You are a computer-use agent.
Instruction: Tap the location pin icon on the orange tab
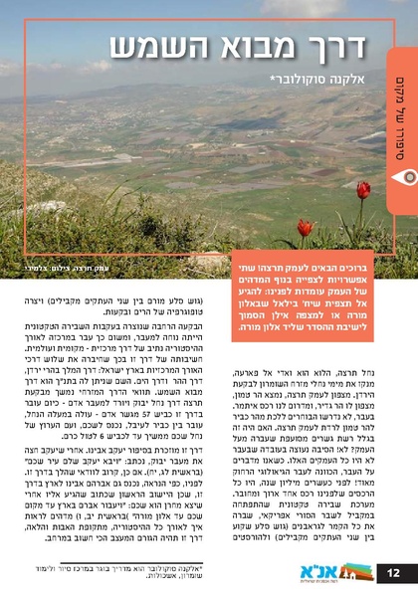(x=404, y=176)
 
